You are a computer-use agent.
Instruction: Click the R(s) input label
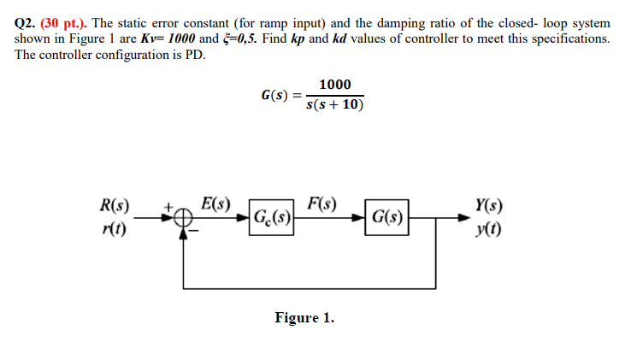pos(115,206)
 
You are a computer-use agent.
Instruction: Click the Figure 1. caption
pos(304,318)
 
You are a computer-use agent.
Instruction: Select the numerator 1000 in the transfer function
pos(333,84)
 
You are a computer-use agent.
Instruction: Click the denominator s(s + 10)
pos(334,105)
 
